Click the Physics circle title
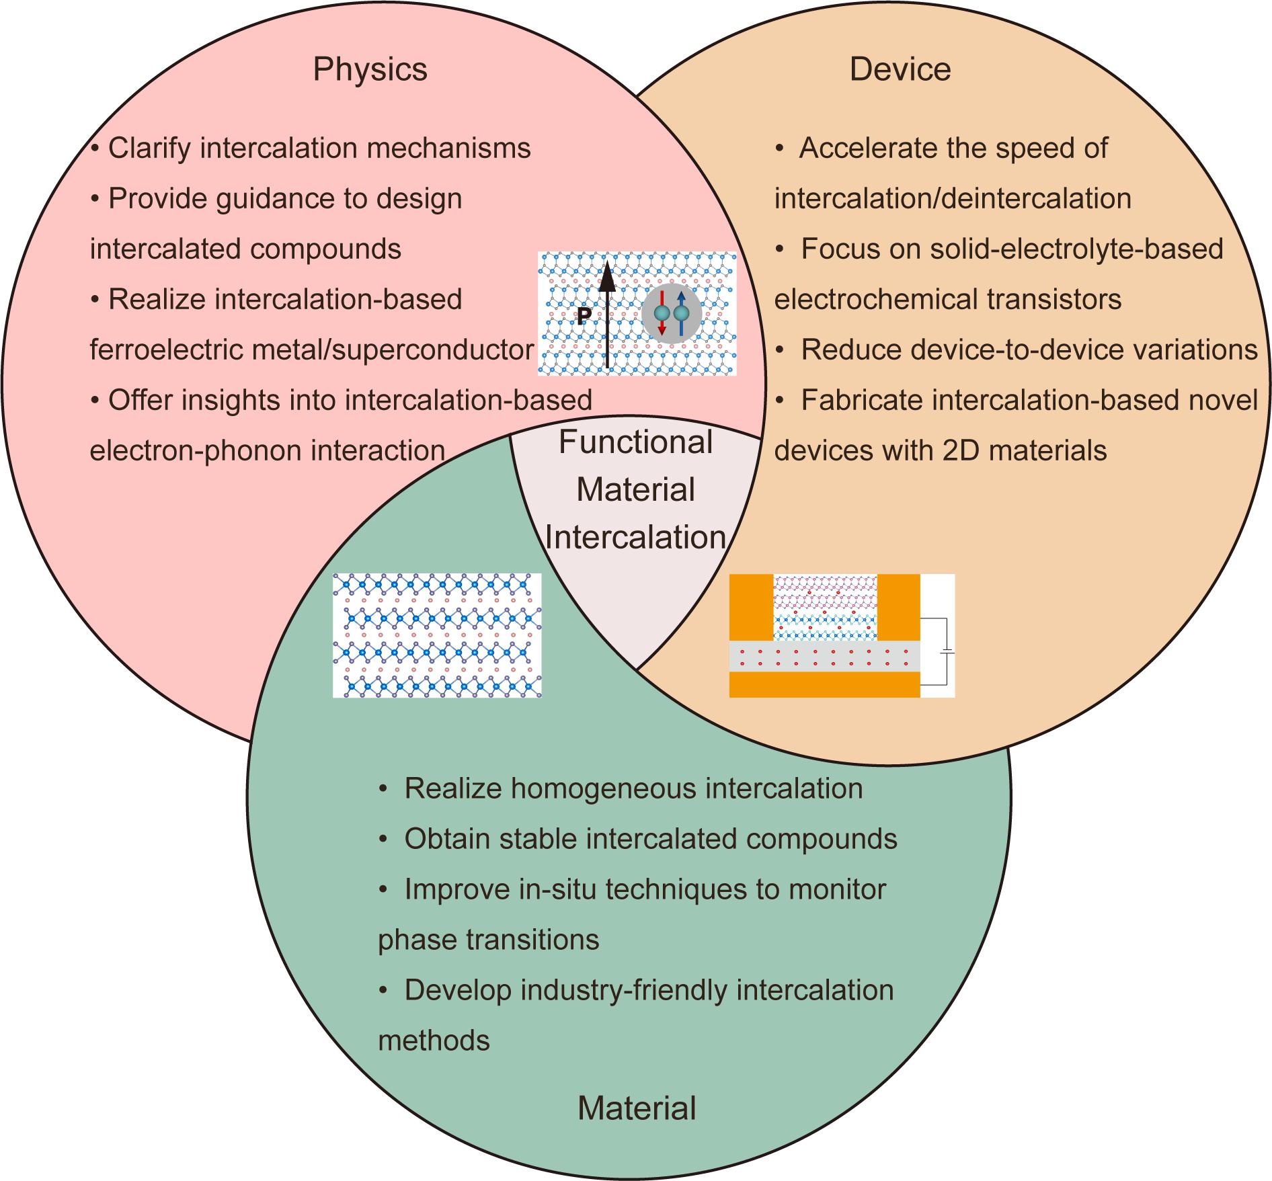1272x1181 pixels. tap(370, 69)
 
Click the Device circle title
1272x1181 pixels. tap(900, 69)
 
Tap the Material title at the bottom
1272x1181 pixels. tap(637, 1108)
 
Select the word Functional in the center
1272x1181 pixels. tap(635, 442)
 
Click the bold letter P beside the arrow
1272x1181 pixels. tap(584, 317)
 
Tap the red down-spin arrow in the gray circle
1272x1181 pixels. tap(662, 313)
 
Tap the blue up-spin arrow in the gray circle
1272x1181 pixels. tap(681, 313)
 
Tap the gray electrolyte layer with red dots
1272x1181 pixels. tap(824, 657)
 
